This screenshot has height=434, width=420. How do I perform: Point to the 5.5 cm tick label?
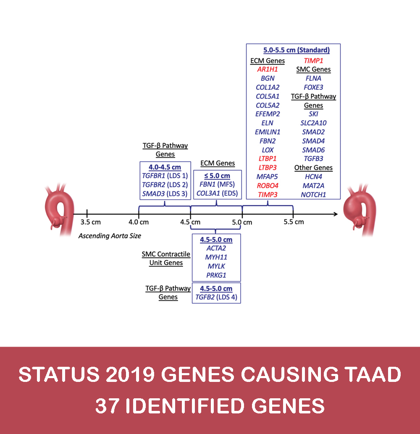tap(294, 221)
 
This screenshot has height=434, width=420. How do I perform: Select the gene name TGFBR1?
tap(153, 176)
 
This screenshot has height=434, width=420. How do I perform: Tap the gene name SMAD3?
tap(153, 194)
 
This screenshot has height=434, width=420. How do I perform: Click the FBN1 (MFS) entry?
tap(216, 184)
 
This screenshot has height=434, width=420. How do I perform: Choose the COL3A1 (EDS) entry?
tap(216, 194)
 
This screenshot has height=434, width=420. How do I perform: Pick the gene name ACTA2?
tap(216, 248)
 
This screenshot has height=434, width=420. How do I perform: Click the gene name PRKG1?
tap(216, 275)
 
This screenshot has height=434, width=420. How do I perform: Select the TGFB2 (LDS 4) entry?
tap(216, 297)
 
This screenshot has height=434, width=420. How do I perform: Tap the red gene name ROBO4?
tap(267, 185)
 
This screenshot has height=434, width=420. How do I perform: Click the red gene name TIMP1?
tap(314, 60)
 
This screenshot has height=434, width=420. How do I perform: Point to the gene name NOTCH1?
tap(314, 195)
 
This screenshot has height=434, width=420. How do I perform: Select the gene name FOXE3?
tap(314, 87)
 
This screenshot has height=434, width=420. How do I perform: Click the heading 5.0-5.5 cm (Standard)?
tap(297, 50)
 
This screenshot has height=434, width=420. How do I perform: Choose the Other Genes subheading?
tap(313, 168)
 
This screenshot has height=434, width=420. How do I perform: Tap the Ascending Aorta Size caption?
tap(110, 236)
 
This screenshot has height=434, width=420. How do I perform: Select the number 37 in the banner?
tap(106, 406)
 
